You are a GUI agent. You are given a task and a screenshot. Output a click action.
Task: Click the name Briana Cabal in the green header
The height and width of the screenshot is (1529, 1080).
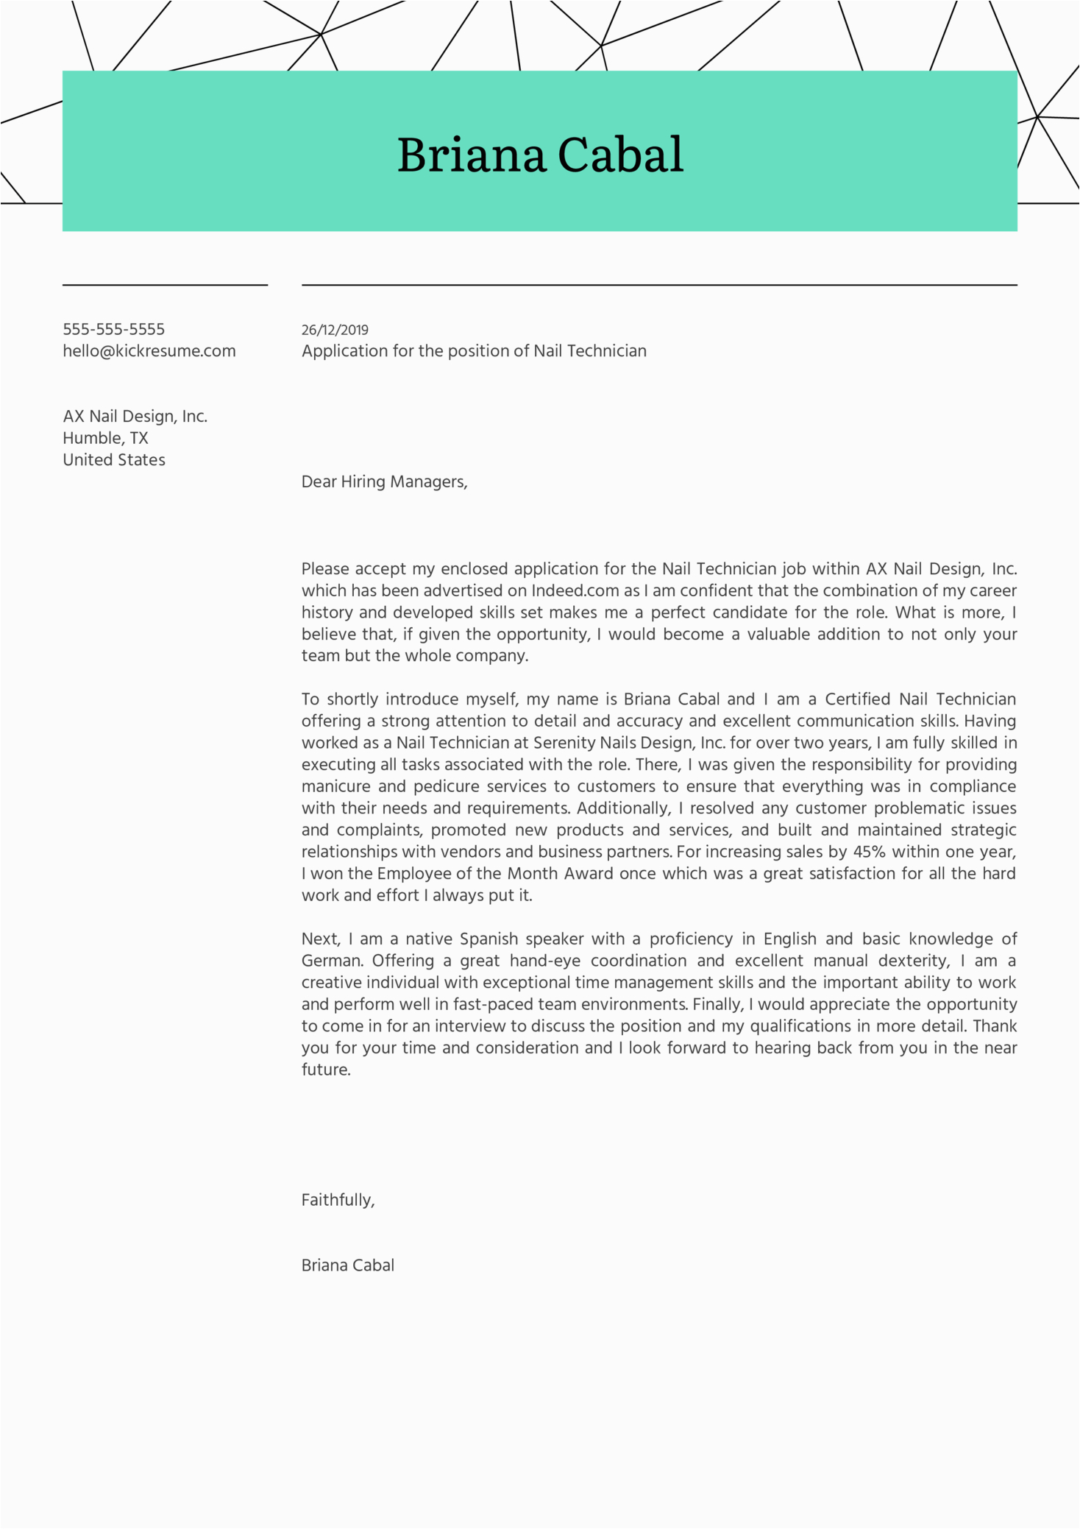pos(540,155)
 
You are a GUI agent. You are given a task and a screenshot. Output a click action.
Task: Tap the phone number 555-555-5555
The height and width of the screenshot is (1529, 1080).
pos(113,329)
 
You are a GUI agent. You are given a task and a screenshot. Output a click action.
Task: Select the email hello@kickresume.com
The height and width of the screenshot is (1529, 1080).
pos(149,351)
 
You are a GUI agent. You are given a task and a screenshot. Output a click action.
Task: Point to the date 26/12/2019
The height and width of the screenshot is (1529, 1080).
pos(335,330)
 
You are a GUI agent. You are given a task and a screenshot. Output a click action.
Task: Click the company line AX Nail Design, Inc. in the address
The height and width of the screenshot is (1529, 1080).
pos(135,417)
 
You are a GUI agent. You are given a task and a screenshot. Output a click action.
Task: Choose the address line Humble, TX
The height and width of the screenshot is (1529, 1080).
pos(105,438)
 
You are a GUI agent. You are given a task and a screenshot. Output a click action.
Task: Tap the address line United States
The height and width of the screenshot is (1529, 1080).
pos(114,460)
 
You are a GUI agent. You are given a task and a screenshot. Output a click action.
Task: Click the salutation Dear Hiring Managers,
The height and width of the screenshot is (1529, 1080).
pos(384,481)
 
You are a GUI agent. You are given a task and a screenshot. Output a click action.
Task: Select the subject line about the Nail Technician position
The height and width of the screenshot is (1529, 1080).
pos(474,351)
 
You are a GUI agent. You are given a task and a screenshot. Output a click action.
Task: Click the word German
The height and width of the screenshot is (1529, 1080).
pos(332,961)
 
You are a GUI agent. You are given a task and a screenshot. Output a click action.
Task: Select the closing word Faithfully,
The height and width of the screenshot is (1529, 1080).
pos(338,1200)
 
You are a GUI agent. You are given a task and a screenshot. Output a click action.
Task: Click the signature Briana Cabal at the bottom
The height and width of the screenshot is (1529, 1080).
pos(348,1265)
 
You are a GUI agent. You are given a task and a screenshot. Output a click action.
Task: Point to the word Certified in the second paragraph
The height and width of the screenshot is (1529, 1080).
pos(857,699)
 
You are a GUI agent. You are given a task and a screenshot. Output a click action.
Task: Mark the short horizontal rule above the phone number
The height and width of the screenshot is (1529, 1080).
pos(165,285)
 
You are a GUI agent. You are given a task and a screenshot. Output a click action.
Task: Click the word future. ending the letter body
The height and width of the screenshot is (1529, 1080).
pos(326,1070)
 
